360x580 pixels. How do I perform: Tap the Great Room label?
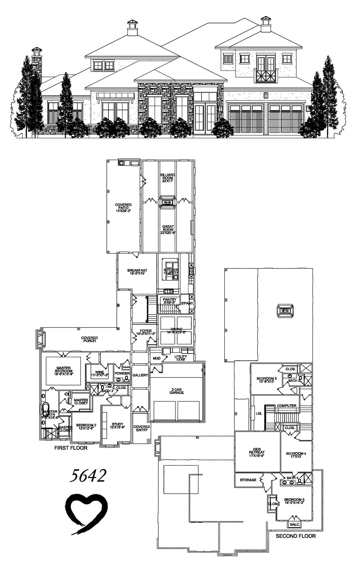point(168,230)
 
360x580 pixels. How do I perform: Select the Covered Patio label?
point(123,208)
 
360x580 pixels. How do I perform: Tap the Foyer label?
point(143,332)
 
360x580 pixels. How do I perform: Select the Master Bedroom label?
point(64,370)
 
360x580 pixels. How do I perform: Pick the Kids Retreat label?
point(257,452)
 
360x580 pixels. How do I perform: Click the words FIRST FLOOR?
point(71,448)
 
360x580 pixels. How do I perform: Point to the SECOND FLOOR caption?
point(296,536)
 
